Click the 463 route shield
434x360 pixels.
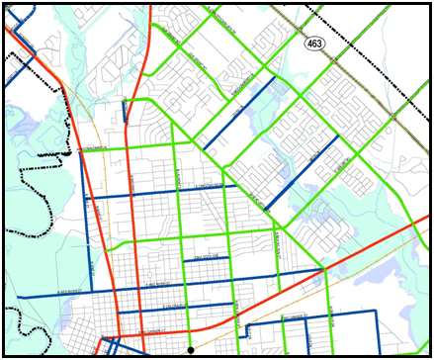(315, 44)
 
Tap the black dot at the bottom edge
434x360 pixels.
(191, 349)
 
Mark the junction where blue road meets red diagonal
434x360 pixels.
(324, 269)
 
